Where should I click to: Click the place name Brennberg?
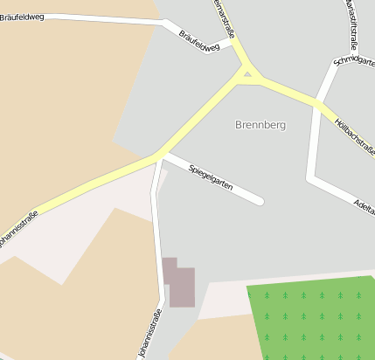260,125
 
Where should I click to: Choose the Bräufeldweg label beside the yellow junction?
198,41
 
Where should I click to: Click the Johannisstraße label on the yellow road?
17,226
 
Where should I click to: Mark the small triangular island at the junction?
248,75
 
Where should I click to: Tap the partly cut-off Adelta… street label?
362,205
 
